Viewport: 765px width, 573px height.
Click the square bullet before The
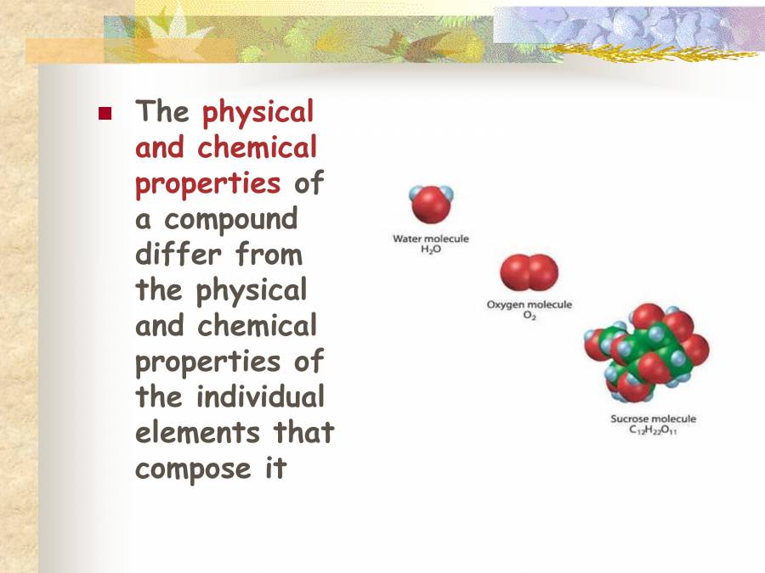pyautogui.click(x=105, y=113)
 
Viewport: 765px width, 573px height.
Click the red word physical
pyautogui.click(x=258, y=112)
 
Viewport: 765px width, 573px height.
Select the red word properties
pyautogui.click(x=207, y=183)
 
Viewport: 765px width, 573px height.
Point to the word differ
pyautogui.click(x=173, y=254)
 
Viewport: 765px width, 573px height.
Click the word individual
pyautogui.click(x=260, y=396)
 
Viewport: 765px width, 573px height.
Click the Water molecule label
pyautogui.click(x=430, y=239)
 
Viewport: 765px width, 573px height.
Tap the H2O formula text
pyautogui.click(x=431, y=252)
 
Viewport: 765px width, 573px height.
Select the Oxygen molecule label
pyautogui.click(x=529, y=305)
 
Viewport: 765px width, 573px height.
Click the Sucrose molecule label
pyautogui.click(x=653, y=419)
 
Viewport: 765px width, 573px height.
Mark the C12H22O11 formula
pyautogui.click(x=653, y=431)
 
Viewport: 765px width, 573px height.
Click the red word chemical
pyautogui.click(x=257, y=148)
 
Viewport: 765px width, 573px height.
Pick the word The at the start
pyautogui.click(x=162, y=112)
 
